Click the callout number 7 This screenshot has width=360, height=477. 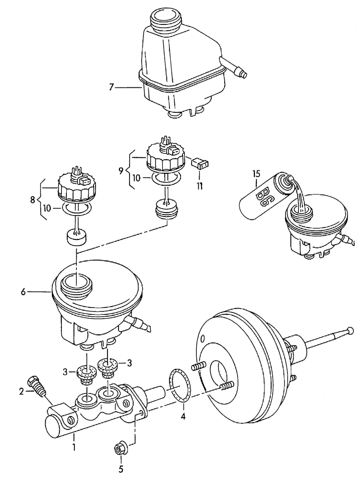(x=111, y=87)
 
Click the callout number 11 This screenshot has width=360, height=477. (x=200, y=184)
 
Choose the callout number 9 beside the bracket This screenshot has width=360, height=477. (x=120, y=169)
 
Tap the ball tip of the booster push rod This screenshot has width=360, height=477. (x=350, y=330)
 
